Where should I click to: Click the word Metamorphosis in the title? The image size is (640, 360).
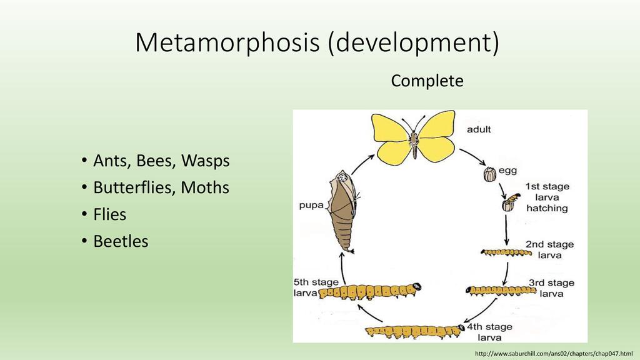[x=227, y=42]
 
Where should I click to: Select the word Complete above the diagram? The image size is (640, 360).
[x=427, y=81]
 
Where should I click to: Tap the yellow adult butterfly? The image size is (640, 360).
[x=414, y=137]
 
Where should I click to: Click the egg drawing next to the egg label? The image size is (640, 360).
[x=490, y=174]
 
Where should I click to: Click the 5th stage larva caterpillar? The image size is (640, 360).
[x=369, y=292]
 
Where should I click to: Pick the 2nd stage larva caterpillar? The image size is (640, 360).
[x=506, y=253]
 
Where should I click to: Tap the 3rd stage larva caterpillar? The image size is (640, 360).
[x=501, y=291]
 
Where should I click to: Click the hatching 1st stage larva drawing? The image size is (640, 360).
[x=510, y=202]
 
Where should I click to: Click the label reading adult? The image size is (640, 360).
[x=479, y=129]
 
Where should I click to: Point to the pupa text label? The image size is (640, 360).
[x=311, y=205]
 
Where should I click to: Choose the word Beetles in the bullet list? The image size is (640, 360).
[x=121, y=241]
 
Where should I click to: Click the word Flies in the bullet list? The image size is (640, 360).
[x=110, y=215]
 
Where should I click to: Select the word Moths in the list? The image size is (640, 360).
[x=205, y=187]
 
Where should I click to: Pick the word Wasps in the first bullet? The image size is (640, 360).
[x=205, y=161]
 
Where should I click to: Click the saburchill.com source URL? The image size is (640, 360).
[x=554, y=354]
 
